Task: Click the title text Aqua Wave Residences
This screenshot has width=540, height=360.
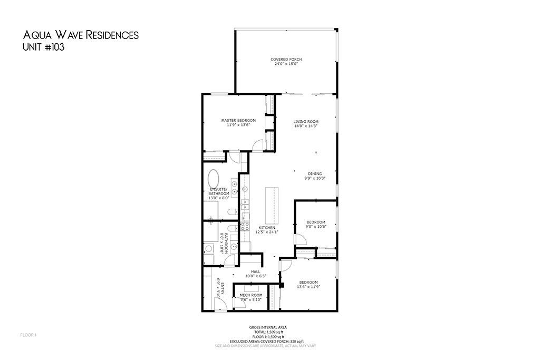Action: pos(81,35)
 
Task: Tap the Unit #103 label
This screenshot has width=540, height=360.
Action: pos(43,47)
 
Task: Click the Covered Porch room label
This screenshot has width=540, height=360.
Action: pos(286,62)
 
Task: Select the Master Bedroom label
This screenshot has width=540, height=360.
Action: pos(238,122)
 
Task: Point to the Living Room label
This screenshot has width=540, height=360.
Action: pos(306,123)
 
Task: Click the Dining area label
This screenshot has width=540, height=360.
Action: pos(315,176)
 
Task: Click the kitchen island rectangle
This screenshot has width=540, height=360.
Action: pos(272,206)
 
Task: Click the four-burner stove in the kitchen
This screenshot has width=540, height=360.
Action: pos(245,226)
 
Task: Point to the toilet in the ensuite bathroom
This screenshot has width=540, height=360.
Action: pos(232,211)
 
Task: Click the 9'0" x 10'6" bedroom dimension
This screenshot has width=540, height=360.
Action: pos(316,227)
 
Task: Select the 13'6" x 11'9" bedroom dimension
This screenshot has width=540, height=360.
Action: pos(308,286)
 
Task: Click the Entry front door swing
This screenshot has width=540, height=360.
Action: pos(220,304)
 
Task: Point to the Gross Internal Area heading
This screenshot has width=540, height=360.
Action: pos(268,327)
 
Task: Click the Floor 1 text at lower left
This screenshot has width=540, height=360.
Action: pos(28,335)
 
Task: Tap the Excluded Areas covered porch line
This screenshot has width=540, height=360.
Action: pos(267,341)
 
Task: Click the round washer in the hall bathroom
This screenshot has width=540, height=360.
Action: pos(209,248)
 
